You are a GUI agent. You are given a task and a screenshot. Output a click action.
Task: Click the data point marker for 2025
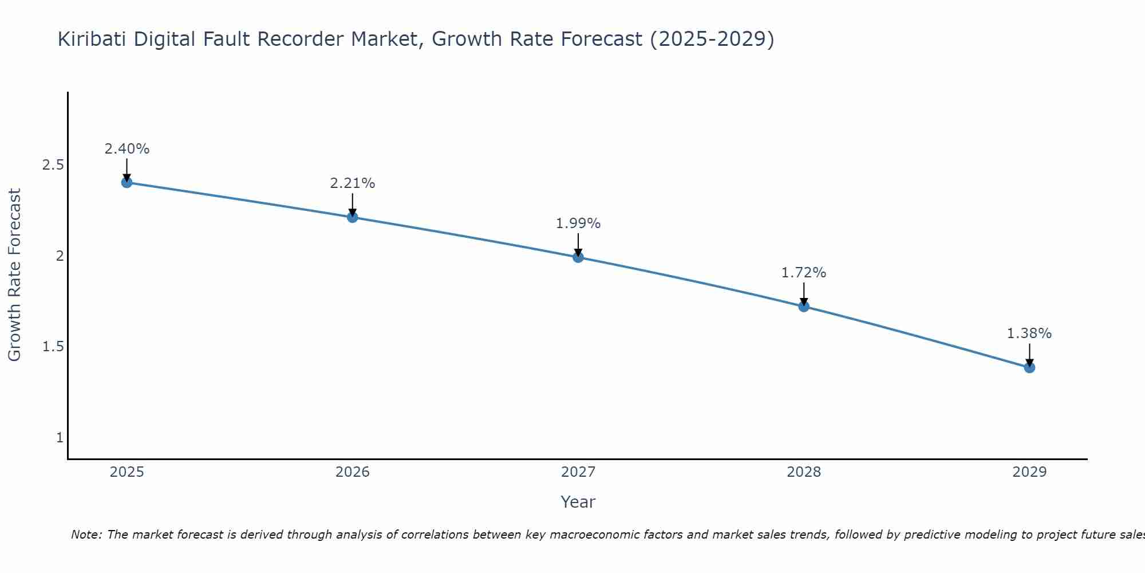click(127, 182)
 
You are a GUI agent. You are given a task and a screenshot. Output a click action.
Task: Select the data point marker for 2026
click(352, 217)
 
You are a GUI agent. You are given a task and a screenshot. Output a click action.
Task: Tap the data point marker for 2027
click(578, 257)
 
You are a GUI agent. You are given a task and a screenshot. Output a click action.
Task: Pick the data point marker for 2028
click(803, 307)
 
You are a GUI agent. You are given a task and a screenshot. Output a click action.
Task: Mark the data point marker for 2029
click(1029, 367)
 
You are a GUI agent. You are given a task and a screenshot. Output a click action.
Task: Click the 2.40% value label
click(127, 149)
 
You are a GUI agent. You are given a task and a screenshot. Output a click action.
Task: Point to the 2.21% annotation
click(352, 183)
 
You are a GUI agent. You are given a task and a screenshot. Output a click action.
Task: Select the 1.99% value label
click(578, 223)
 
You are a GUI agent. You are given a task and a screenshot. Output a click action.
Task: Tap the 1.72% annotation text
click(803, 273)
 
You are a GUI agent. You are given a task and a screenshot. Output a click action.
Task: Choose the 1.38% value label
click(1029, 333)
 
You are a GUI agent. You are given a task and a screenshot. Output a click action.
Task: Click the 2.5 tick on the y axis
click(53, 165)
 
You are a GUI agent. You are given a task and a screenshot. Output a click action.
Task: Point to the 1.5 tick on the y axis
click(53, 347)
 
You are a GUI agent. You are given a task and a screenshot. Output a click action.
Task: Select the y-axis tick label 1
click(60, 438)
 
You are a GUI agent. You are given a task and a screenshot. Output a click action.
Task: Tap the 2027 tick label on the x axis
click(578, 472)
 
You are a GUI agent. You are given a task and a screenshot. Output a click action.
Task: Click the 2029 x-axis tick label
click(1029, 472)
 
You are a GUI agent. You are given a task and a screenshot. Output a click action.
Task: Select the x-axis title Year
click(578, 502)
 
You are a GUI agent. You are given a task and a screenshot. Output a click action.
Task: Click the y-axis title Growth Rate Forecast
click(15, 275)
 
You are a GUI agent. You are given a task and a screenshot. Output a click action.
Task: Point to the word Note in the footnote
click(86, 535)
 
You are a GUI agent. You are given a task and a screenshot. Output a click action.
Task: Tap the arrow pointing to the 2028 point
click(803, 293)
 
